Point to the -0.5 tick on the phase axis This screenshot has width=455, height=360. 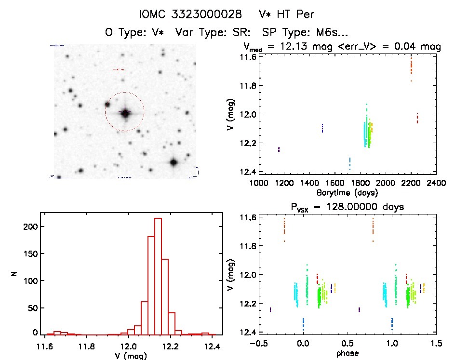[257, 344]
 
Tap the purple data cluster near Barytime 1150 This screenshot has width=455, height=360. [279, 149]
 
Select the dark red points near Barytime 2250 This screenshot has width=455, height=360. [417, 118]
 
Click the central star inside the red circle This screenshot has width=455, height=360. [125, 113]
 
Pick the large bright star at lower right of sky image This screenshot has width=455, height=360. [174, 162]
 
